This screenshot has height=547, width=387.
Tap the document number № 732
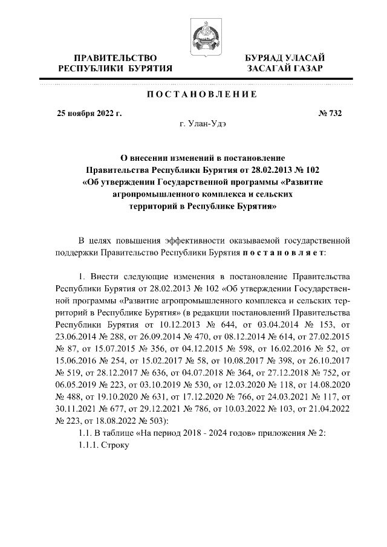(x=330, y=113)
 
